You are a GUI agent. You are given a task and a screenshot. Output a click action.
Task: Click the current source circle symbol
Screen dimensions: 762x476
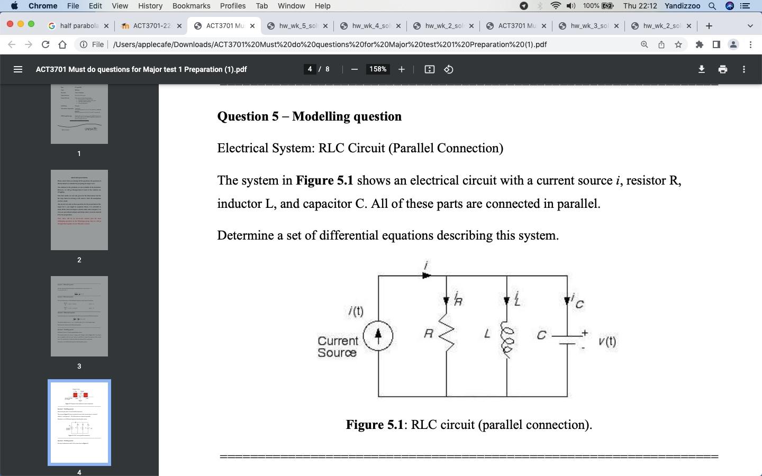pyautogui.click(x=378, y=335)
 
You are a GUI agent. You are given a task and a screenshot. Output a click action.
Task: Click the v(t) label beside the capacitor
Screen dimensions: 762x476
pyautogui.click(x=607, y=342)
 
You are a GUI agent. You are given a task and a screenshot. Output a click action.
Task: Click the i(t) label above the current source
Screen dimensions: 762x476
pyautogui.click(x=356, y=311)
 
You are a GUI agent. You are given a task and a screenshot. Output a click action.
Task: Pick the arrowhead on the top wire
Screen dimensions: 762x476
pyautogui.click(x=427, y=275)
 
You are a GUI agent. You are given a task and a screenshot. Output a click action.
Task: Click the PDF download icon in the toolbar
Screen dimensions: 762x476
pyautogui.click(x=702, y=69)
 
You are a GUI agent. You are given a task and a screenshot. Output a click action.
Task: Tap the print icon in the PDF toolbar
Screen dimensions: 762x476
pyautogui.click(x=723, y=69)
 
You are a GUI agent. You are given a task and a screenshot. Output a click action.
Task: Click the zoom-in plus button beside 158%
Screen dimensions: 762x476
pyautogui.click(x=402, y=69)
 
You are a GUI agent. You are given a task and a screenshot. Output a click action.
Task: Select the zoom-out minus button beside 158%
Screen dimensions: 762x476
pyautogui.click(x=355, y=69)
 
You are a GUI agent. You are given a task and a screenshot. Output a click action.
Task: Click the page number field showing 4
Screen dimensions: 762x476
pyautogui.click(x=310, y=69)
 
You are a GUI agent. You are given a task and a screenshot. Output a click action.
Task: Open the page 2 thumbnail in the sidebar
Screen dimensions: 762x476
pyautogui.click(x=79, y=210)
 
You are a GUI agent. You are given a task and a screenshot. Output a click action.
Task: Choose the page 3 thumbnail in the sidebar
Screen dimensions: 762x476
pyautogui.click(x=79, y=316)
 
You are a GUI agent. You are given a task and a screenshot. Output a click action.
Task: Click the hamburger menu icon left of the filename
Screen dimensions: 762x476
pyautogui.click(x=18, y=69)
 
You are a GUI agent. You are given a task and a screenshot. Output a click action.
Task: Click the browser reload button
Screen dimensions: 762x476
pyautogui.click(x=46, y=44)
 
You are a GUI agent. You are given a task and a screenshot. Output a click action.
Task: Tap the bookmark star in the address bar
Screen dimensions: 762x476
pyautogui.click(x=678, y=44)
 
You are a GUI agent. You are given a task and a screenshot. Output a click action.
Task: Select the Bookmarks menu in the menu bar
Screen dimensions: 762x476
pyautogui.click(x=191, y=6)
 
